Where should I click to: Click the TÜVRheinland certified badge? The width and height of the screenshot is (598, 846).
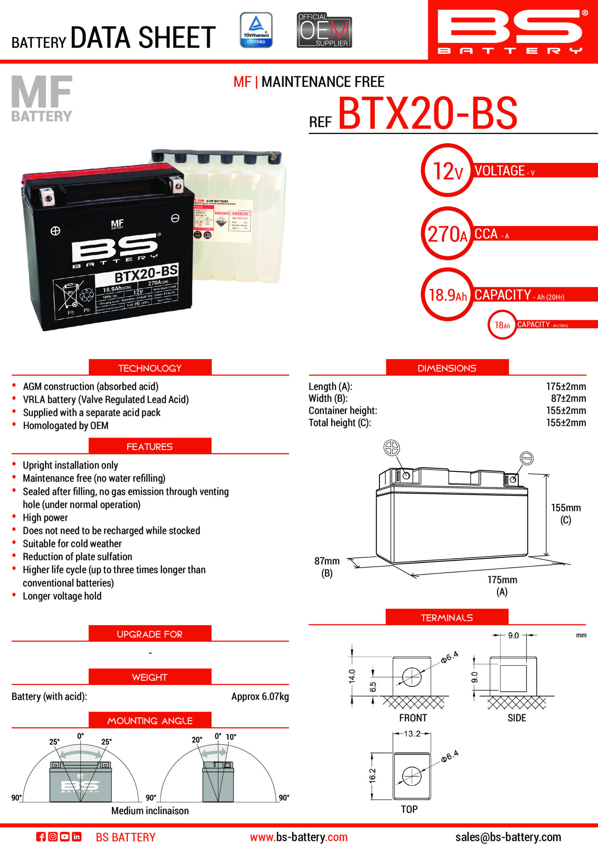tap(256, 30)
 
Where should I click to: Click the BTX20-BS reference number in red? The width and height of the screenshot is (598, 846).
tap(428, 113)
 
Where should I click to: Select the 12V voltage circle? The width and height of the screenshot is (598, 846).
tap(447, 170)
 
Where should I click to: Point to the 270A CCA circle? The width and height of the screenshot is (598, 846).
tap(447, 234)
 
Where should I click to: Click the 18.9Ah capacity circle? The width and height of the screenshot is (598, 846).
tap(447, 294)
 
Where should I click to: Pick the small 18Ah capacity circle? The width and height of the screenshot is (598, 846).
tap(502, 325)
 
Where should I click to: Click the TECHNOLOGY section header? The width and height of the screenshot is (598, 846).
tap(150, 368)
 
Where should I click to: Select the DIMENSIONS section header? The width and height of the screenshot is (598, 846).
tap(447, 368)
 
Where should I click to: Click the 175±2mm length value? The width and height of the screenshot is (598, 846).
tap(566, 386)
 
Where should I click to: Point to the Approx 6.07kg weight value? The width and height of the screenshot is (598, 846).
tap(260, 696)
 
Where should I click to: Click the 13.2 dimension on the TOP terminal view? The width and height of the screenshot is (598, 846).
tap(412, 733)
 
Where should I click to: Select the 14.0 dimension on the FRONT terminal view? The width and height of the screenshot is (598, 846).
tap(352, 676)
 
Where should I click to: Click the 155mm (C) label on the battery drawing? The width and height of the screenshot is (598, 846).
tap(566, 513)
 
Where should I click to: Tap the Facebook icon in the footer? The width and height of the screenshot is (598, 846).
tap(41, 836)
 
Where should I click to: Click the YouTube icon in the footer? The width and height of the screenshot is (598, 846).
tap(64, 836)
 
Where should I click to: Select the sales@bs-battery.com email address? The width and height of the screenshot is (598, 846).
tap(508, 837)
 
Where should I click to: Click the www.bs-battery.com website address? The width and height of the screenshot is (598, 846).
tap(298, 837)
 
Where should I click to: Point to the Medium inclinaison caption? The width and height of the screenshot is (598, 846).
tap(150, 810)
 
